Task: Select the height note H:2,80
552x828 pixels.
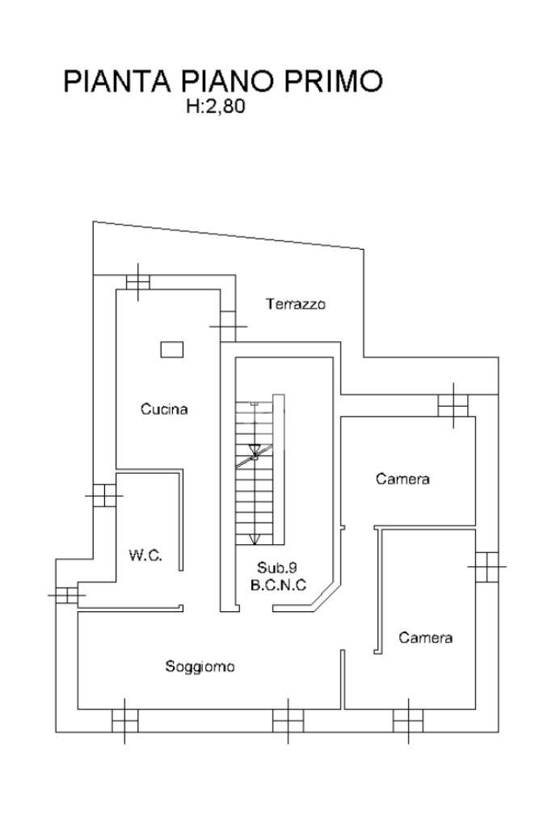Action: click(215, 106)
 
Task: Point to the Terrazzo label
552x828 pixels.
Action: click(295, 304)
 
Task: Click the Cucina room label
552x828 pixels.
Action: click(164, 409)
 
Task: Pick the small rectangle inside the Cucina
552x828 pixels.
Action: click(171, 349)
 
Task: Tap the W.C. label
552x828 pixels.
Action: click(145, 556)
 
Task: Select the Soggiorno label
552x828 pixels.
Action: click(200, 666)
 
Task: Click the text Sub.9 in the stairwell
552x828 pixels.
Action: click(278, 567)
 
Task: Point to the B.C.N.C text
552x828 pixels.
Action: click(278, 585)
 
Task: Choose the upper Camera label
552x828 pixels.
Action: click(402, 479)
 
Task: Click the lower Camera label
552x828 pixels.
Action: click(425, 638)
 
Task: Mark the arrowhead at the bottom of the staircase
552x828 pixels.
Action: click(255, 539)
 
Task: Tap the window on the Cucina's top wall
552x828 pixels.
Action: click(138, 281)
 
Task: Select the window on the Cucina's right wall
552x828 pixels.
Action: click(228, 327)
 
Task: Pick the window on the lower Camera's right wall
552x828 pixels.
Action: click(487, 567)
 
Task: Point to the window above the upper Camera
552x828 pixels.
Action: click(453, 404)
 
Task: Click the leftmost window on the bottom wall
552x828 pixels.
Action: click(124, 720)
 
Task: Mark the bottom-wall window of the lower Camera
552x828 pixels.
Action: click(407, 720)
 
